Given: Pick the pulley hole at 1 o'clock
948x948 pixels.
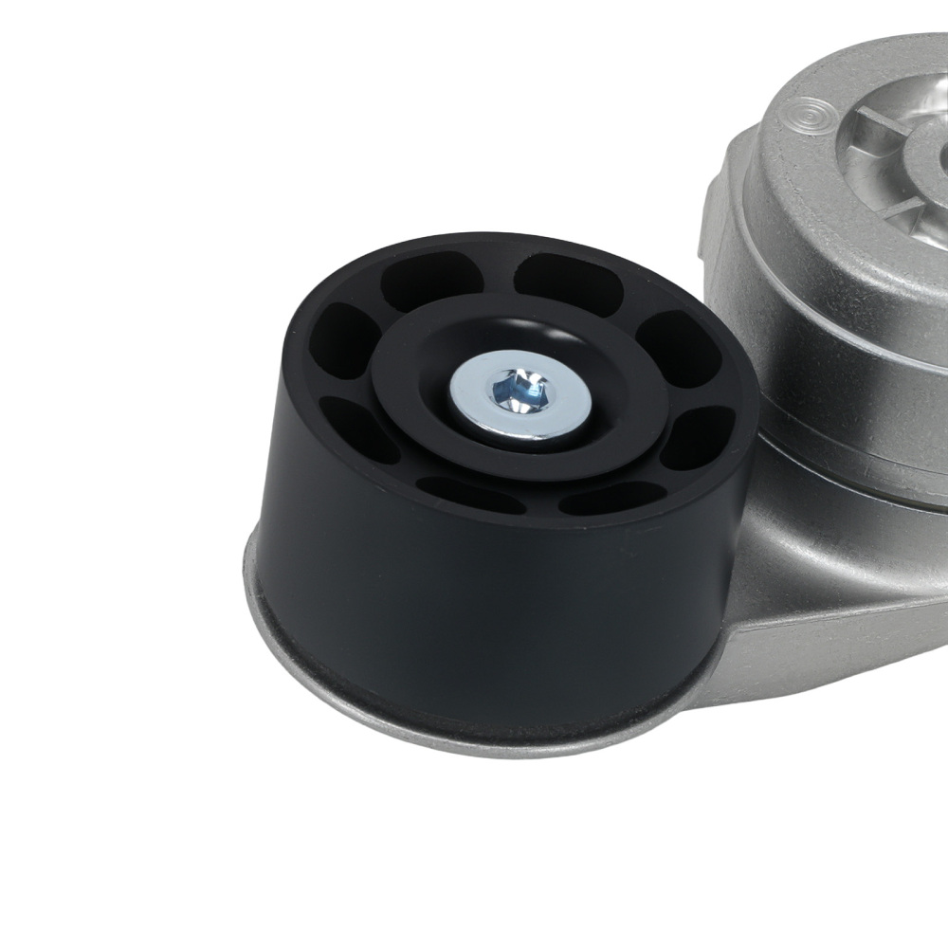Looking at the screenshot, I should point(560,279).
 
